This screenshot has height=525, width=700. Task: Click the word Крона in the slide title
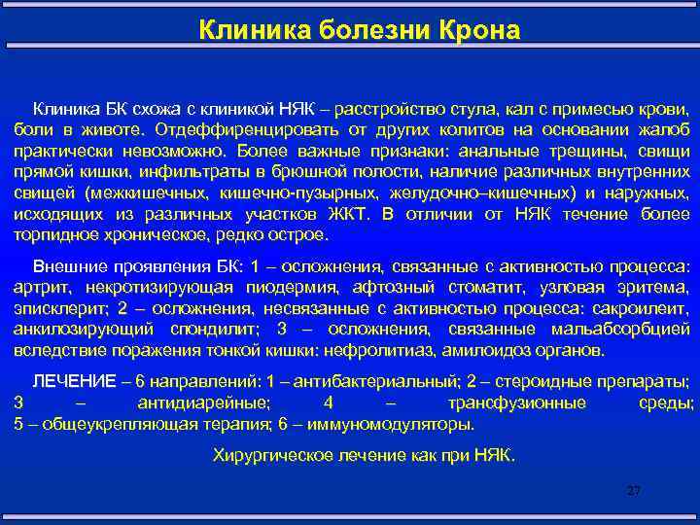[484, 31]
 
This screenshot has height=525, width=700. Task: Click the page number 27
[634, 491]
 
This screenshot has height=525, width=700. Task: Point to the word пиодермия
[290, 288]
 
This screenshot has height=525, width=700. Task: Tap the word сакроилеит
[647, 309]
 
